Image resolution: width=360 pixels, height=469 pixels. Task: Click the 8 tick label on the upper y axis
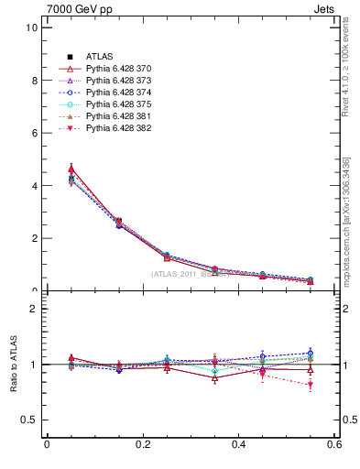(34, 81)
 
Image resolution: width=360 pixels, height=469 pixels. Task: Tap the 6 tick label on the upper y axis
(34, 133)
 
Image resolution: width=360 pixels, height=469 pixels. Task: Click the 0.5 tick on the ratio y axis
(29, 420)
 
